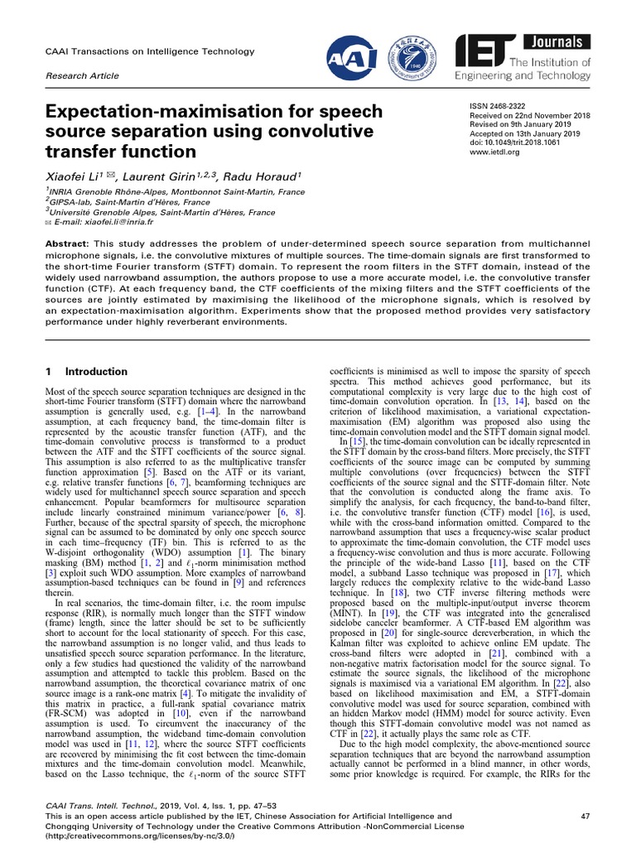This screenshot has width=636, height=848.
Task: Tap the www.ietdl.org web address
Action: click(x=494, y=152)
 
